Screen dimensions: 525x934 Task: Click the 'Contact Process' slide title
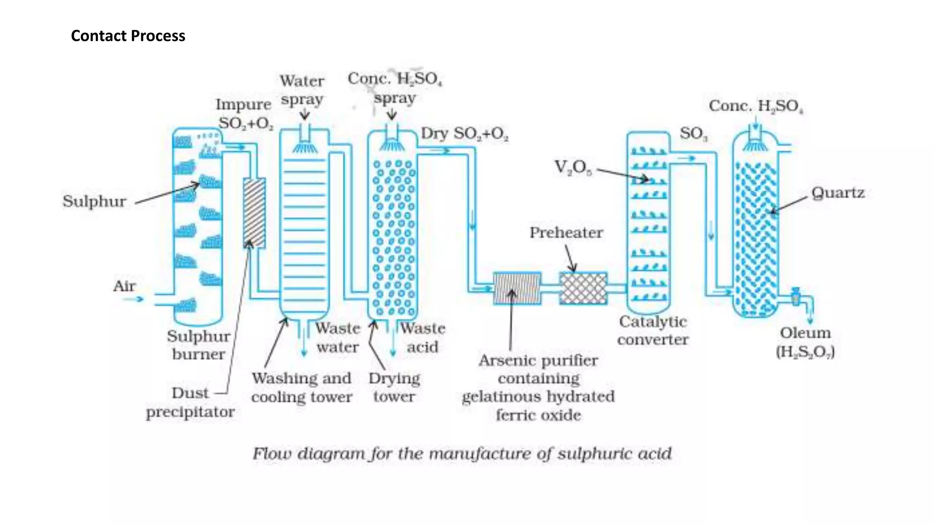coord(128,36)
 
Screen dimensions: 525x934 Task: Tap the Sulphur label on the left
coord(94,201)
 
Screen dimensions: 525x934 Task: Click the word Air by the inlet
coord(124,286)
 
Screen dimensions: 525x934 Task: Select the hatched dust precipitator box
coord(254,212)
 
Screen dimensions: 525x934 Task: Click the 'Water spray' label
coord(302,90)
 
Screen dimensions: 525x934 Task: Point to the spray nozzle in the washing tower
coord(305,147)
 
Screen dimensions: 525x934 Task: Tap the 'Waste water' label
coord(337,337)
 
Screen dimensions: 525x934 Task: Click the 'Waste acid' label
coord(423,337)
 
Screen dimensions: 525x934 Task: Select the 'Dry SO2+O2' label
coord(464,134)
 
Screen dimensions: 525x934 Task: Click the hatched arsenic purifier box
coord(517,288)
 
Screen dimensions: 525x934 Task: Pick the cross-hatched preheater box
coord(583,288)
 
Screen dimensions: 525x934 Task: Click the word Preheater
coord(566,233)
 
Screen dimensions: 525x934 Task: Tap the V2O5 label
coord(573,167)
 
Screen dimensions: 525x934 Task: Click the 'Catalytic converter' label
coord(653,330)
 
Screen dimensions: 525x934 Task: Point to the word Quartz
coord(838,193)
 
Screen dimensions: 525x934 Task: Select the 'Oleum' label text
coord(805,333)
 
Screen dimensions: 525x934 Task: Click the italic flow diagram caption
coord(462,454)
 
